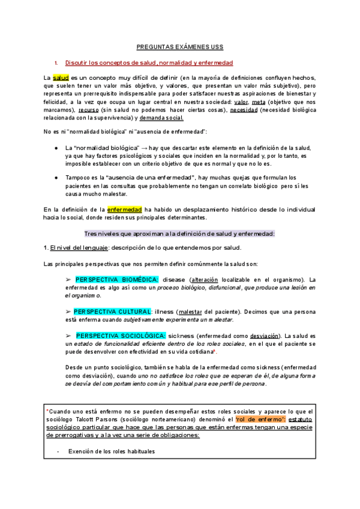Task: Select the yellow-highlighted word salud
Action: click(x=61, y=78)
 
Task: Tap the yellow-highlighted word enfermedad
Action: click(x=124, y=209)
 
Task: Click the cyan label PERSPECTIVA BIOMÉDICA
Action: click(x=117, y=280)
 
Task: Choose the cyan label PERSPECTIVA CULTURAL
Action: click(x=112, y=312)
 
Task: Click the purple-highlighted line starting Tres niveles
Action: click(x=179, y=233)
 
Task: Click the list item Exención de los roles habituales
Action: click(x=111, y=451)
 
